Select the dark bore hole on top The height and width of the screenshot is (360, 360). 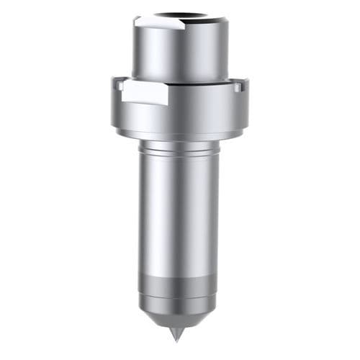click(180, 14)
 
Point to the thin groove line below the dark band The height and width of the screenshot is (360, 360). click(179, 296)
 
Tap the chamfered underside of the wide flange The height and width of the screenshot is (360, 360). click(180, 133)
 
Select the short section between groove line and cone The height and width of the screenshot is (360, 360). click(179, 302)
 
